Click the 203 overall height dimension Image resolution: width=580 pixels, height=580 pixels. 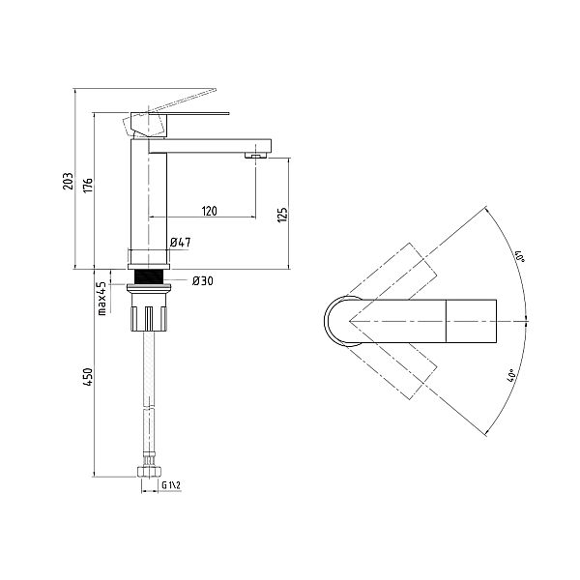(68, 181)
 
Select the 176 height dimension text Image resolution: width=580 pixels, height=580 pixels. (88, 186)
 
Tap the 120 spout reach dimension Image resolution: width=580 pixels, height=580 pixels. (210, 211)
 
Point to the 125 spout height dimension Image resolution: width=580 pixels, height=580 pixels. (282, 215)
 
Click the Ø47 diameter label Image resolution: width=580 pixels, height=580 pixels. (181, 243)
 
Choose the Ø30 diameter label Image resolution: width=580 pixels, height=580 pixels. (203, 281)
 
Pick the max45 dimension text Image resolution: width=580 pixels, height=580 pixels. (102, 298)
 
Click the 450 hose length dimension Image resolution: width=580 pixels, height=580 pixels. (88, 377)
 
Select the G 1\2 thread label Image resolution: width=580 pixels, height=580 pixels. (171, 485)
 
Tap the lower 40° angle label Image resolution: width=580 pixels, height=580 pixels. (511, 375)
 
